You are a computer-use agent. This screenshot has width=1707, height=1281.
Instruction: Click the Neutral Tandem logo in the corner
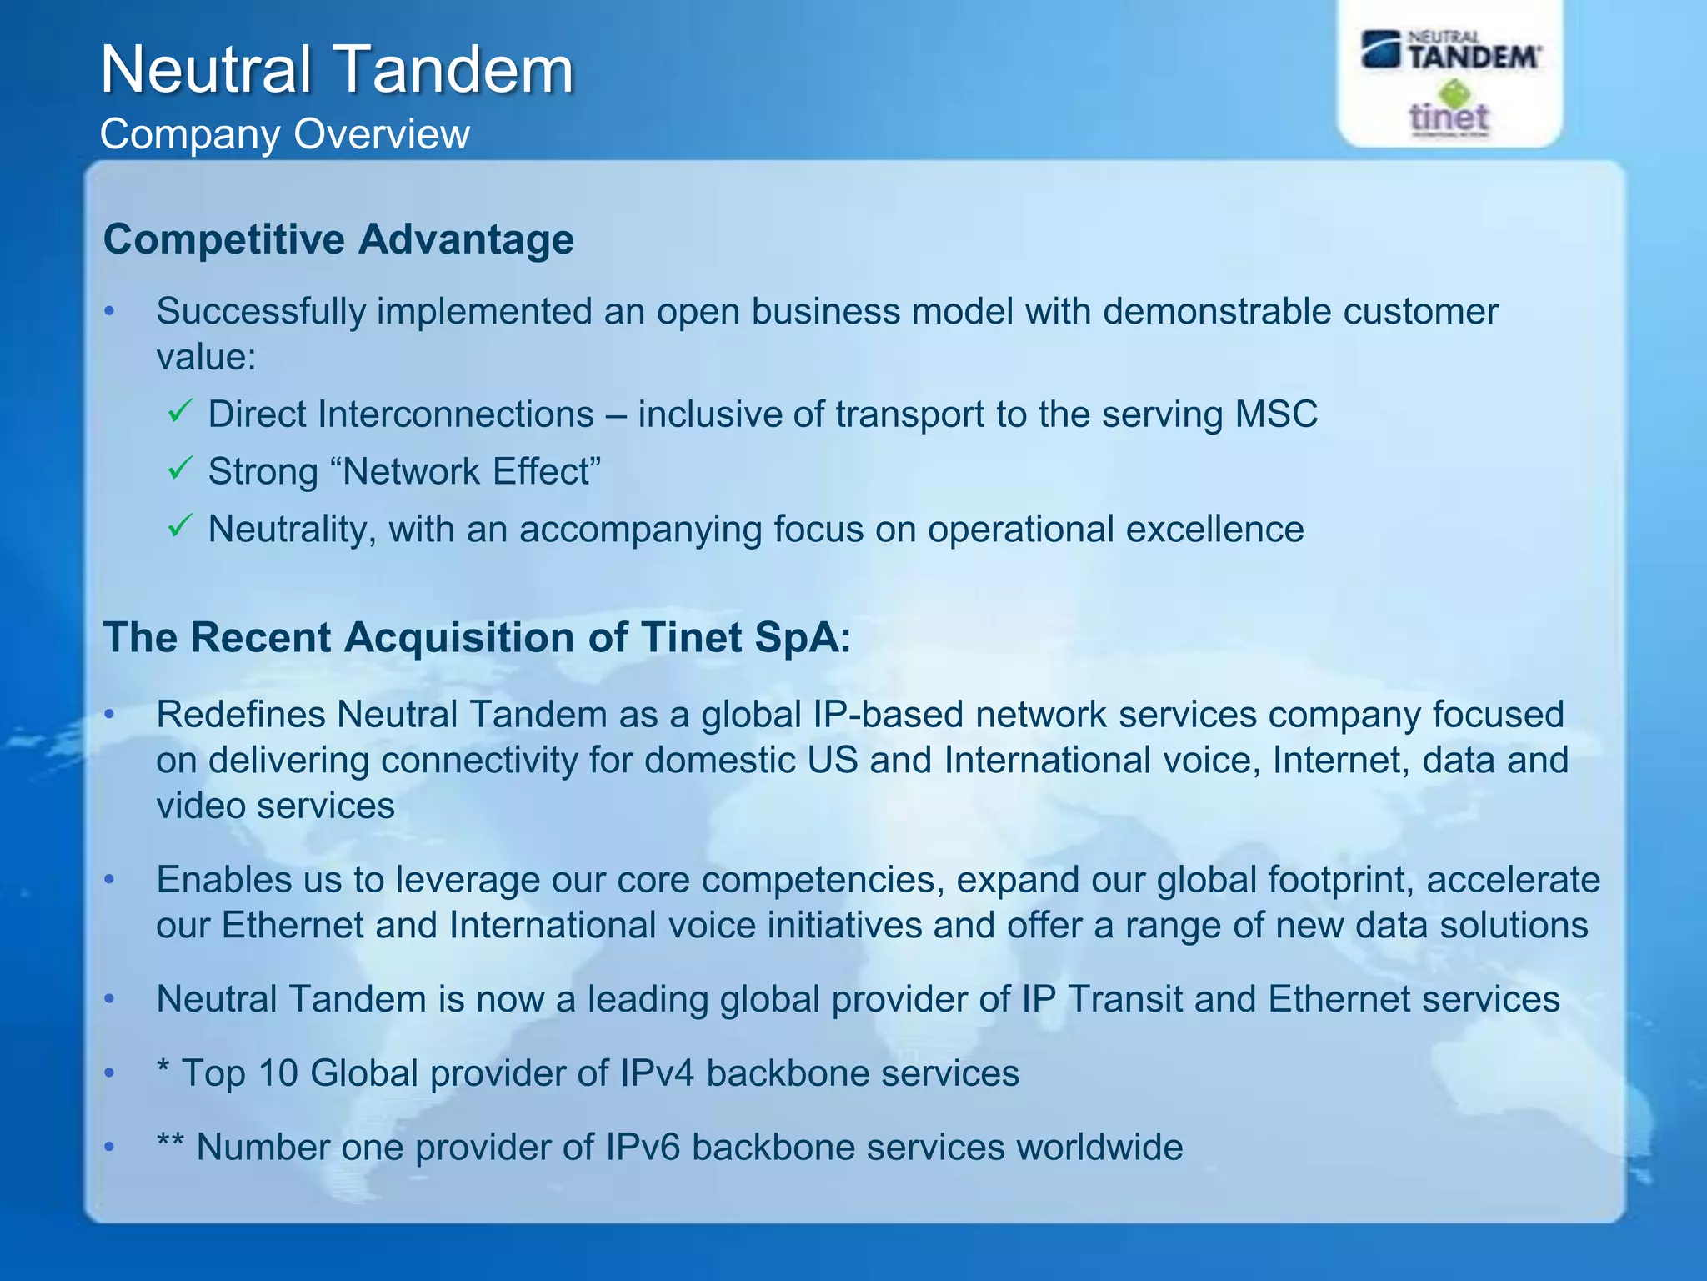(1451, 50)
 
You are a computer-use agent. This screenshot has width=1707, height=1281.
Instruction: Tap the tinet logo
(1449, 113)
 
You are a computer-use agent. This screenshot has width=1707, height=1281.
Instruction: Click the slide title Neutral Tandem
(337, 69)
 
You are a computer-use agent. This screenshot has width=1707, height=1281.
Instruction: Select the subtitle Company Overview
(284, 134)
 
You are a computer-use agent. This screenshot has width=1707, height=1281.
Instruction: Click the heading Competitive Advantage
(338, 239)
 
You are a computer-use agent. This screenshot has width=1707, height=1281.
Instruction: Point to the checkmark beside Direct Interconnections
(180, 410)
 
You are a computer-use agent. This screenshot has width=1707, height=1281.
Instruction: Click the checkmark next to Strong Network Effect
(180, 468)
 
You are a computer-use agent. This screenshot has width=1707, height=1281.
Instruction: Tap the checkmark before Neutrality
(180, 525)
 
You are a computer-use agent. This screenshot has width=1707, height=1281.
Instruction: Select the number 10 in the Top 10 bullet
(278, 1073)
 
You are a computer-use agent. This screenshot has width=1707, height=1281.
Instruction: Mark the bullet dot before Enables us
(109, 879)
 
